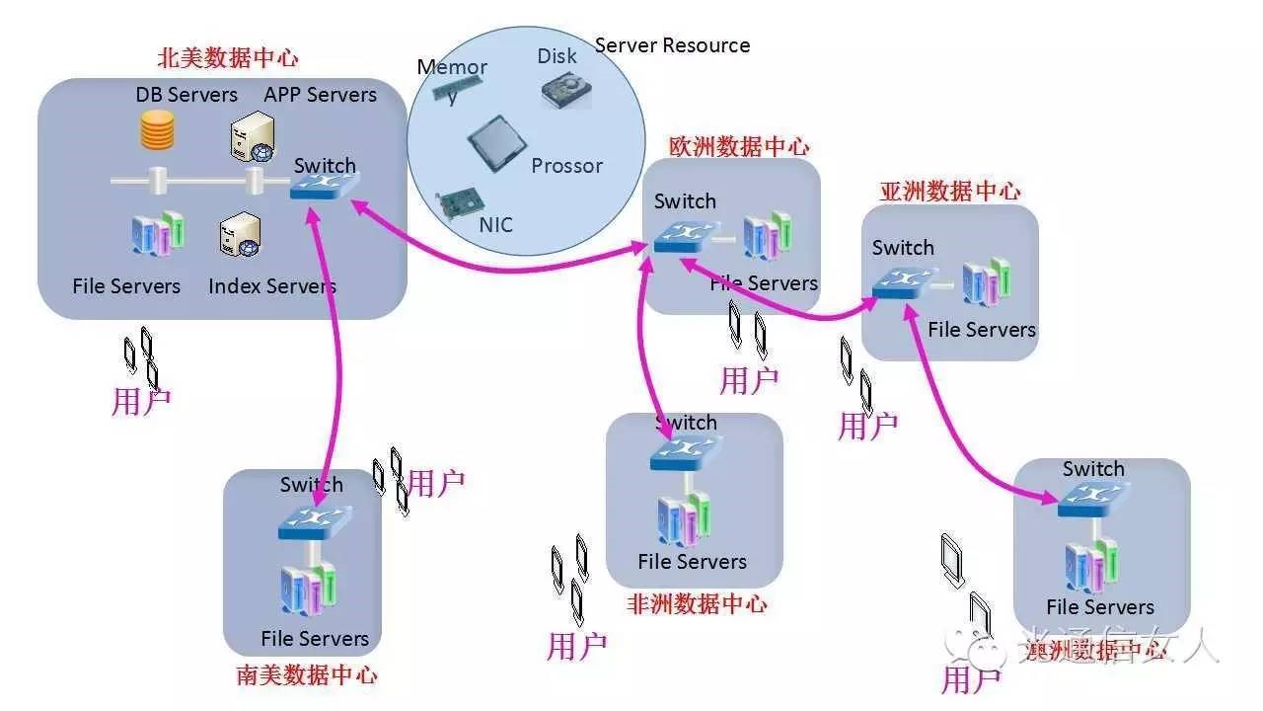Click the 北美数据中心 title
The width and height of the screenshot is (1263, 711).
[228, 58]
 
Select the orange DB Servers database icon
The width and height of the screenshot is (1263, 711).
[157, 130]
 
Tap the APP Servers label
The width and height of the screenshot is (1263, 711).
[321, 95]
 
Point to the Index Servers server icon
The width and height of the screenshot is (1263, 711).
[240, 237]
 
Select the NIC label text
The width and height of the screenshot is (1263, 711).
[496, 225]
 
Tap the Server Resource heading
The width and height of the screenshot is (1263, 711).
[672, 45]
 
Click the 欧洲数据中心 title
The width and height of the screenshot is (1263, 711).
[739, 147]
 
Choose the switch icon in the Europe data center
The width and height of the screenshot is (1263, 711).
[681, 236]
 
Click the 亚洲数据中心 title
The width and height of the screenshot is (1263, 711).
[949, 192]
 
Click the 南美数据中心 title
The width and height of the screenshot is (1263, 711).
[307, 675]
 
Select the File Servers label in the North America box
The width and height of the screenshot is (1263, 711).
[126, 286]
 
